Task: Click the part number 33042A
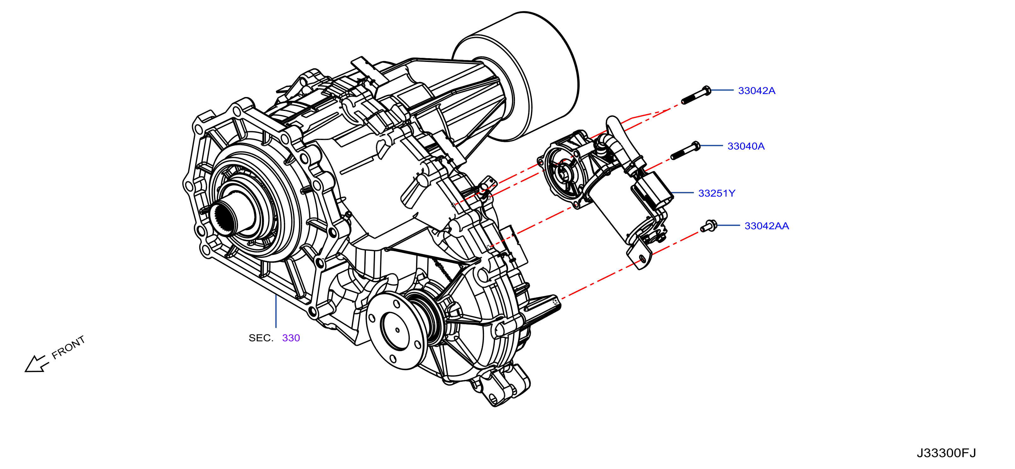tap(756, 91)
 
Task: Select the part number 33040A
tap(746, 146)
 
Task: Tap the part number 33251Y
tap(717, 193)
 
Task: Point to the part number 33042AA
tap(766, 226)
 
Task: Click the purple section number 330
tap(291, 338)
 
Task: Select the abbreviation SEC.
tap(261, 338)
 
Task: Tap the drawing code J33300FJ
tap(946, 453)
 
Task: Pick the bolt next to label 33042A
tap(696, 95)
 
